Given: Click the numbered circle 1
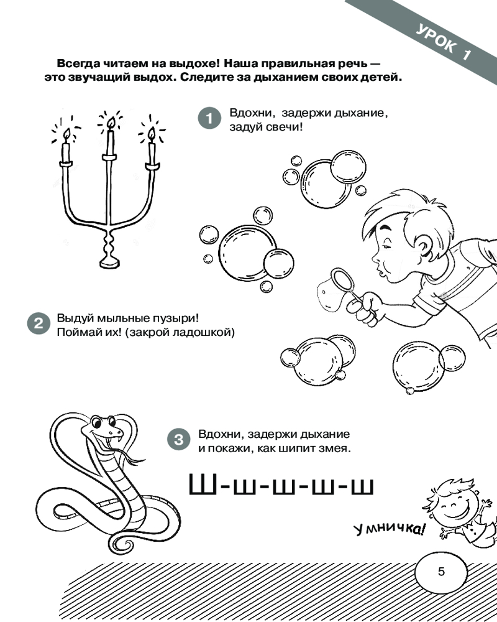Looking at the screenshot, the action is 209,118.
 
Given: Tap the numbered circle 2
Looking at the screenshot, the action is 39,323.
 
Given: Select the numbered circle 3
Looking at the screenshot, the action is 179,439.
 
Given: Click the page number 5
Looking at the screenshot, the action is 442,571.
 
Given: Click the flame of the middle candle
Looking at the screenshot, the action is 111,124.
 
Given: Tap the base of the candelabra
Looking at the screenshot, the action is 110,262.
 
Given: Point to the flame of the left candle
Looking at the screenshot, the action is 66,135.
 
